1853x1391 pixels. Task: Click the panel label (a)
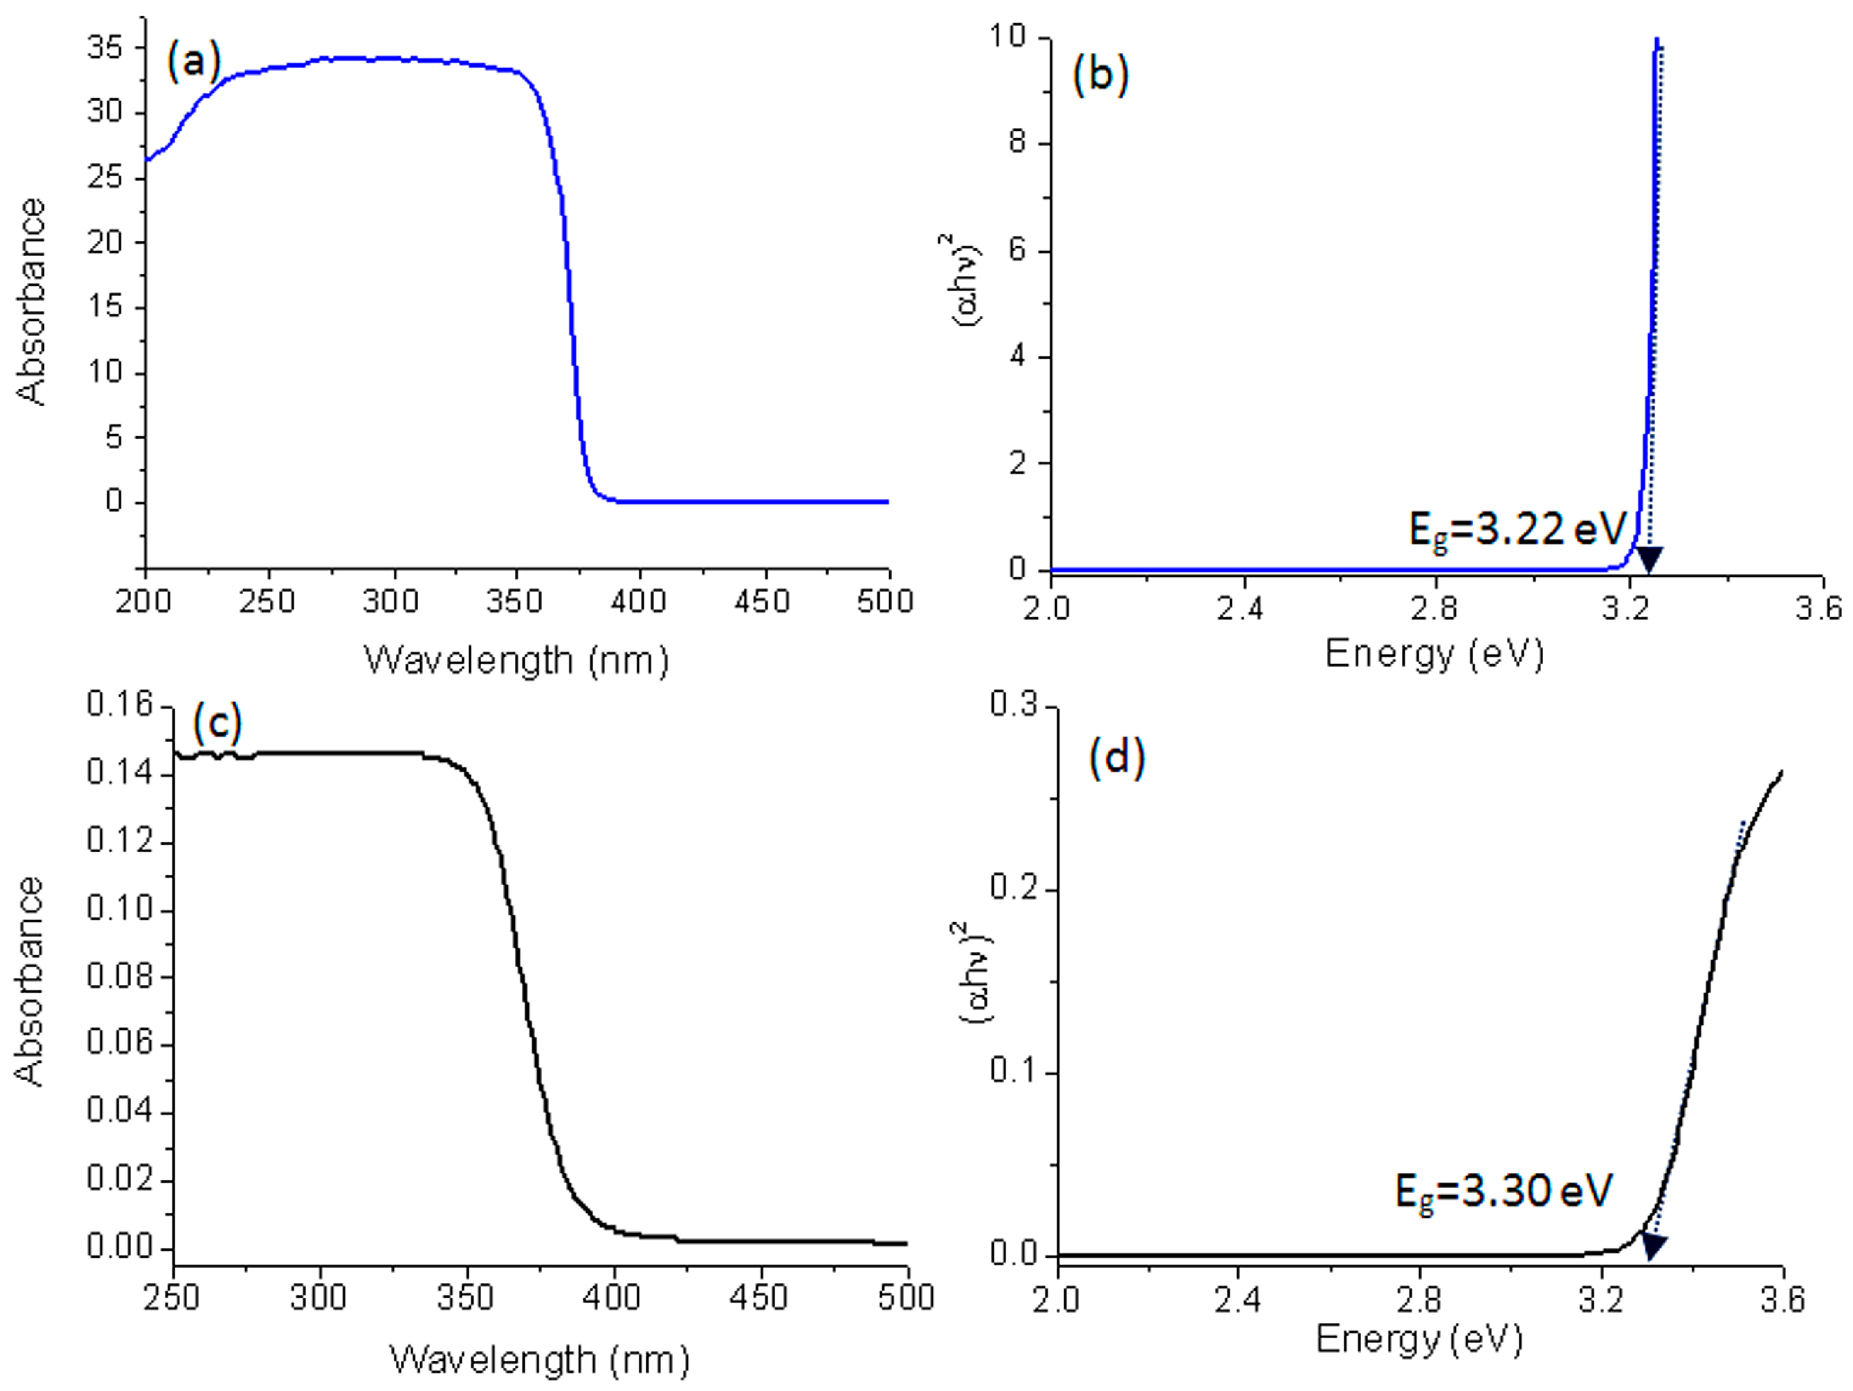click(193, 61)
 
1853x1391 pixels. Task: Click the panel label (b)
click(1100, 75)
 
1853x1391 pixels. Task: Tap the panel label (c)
click(217, 722)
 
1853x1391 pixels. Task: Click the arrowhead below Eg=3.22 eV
click(1649, 559)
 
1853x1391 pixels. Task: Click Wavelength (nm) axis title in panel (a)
click(517, 661)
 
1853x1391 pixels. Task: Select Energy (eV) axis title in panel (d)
click(1418, 1338)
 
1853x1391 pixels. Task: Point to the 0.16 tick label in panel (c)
click(121, 705)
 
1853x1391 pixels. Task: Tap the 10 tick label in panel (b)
click(1008, 37)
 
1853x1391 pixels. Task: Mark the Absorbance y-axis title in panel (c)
click(30, 980)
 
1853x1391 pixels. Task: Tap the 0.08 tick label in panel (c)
click(121, 976)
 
